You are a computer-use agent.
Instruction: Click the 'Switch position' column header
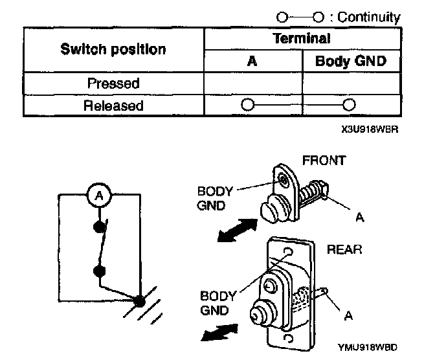coord(114,49)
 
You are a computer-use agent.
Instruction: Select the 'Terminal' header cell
coord(302,38)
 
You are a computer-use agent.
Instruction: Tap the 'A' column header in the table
coord(253,62)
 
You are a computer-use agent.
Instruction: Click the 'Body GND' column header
coord(350,62)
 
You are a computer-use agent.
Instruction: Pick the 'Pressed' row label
coord(114,84)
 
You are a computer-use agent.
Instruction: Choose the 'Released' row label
coord(114,105)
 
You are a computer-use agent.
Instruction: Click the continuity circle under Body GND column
coord(350,104)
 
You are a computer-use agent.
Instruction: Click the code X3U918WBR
coord(367,129)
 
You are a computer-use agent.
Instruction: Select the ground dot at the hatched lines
coord(139,300)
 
